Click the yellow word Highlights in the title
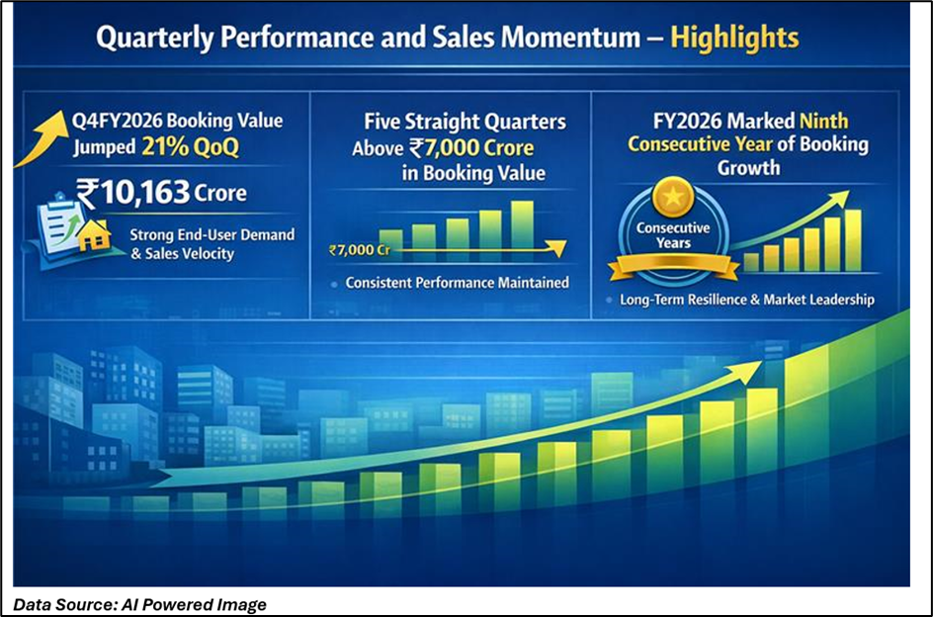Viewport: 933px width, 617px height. [x=734, y=38]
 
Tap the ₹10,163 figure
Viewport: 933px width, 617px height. [x=133, y=193]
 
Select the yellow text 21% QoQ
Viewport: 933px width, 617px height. [x=191, y=146]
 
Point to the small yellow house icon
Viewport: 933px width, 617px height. [x=95, y=236]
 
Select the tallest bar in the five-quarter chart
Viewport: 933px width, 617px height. [x=522, y=224]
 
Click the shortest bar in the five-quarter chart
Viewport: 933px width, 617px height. [x=391, y=239]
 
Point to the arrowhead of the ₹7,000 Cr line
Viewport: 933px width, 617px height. [x=557, y=248]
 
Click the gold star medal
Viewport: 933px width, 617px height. [x=672, y=197]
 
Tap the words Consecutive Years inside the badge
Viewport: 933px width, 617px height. [x=673, y=235]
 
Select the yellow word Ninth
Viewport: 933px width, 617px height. [x=823, y=121]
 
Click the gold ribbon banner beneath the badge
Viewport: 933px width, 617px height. [x=673, y=266]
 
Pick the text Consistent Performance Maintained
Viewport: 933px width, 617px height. [x=457, y=282]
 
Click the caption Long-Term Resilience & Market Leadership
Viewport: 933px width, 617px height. [x=747, y=300]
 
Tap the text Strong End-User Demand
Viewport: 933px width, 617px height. [x=212, y=234]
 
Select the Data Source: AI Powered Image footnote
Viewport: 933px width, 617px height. [x=139, y=604]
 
